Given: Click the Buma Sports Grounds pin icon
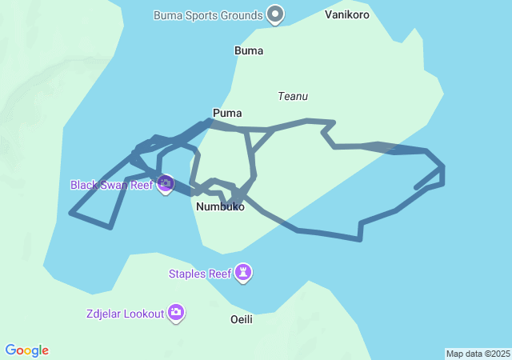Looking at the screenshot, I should point(275,14).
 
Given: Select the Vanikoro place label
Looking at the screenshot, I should point(347,14).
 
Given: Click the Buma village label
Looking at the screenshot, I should point(248,50).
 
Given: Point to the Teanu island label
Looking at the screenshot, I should point(293,96).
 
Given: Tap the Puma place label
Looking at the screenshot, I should point(227,113).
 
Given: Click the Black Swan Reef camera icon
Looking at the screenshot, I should point(166,184).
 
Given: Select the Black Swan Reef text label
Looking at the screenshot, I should point(112,185).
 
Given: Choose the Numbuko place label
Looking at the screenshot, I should point(220,207).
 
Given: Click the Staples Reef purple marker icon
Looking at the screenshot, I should point(244,273).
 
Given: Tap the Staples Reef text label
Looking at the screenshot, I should point(199,274).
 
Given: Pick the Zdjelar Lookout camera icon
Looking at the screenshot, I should point(176,312).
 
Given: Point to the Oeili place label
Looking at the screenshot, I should point(241,319).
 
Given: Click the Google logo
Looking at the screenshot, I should point(27,350).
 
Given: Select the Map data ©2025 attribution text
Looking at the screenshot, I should point(478,354).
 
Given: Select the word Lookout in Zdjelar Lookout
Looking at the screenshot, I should point(143,313).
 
